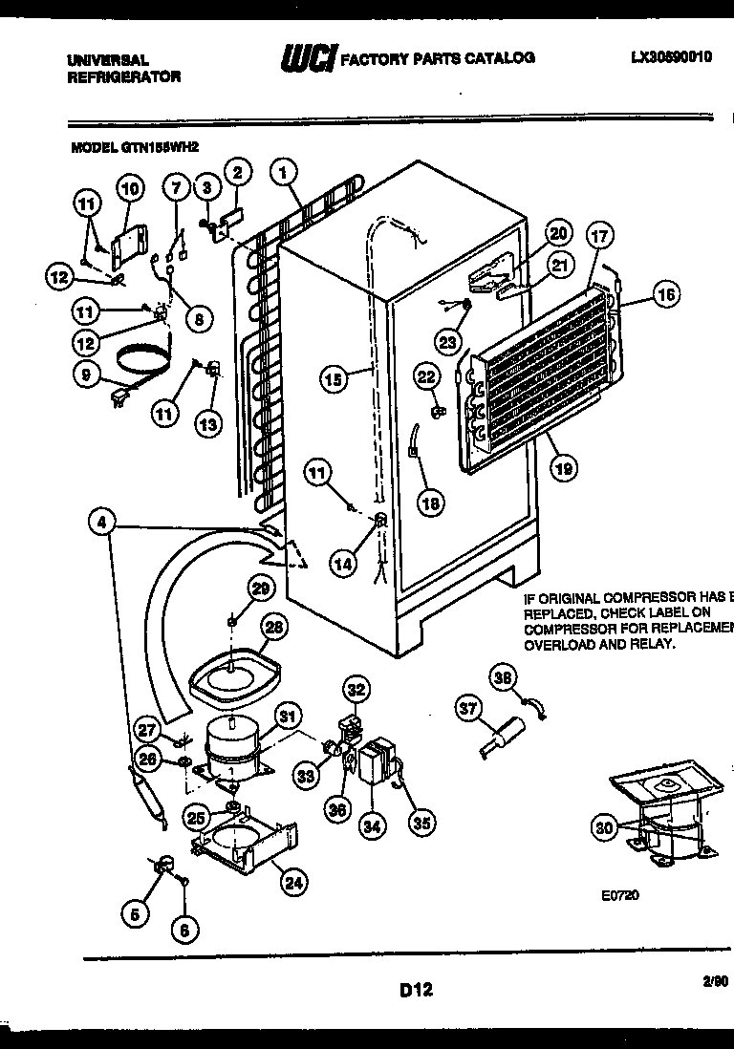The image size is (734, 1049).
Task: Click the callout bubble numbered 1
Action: [283, 173]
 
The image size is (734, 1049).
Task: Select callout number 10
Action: [130, 188]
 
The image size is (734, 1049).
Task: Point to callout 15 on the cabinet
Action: [333, 379]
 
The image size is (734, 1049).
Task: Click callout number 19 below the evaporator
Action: [564, 468]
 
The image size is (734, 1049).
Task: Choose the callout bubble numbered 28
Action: [274, 628]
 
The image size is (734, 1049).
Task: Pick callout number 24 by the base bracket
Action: [294, 884]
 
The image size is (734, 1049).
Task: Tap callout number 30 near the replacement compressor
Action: [604, 828]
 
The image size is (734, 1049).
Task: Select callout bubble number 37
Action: [467, 708]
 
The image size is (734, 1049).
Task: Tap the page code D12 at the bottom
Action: [416, 990]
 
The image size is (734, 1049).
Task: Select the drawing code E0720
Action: [619, 895]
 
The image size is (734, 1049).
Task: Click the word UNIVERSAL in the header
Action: [108, 59]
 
